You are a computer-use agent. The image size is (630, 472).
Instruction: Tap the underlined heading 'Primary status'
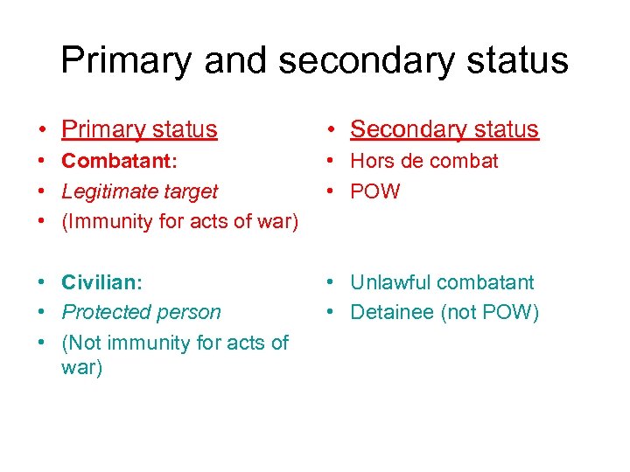click(139, 129)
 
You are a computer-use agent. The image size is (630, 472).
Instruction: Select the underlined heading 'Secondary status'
click(444, 129)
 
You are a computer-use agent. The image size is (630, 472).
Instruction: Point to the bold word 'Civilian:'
click(101, 282)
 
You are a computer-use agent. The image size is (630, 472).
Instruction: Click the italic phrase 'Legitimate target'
click(139, 191)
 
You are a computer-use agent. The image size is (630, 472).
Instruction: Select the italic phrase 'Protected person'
click(141, 312)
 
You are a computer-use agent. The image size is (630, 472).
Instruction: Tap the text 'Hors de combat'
click(423, 161)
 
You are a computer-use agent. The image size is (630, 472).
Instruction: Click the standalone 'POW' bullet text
click(374, 191)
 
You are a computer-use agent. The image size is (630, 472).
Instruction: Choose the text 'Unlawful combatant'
click(441, 282)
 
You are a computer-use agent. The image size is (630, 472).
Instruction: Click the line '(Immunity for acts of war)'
click(179, 222)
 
